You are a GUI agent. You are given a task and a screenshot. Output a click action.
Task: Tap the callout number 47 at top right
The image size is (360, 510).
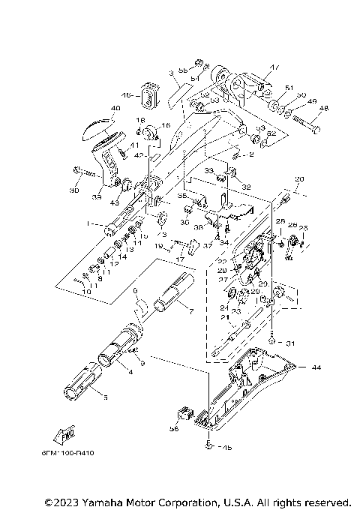click(x=274, y=68)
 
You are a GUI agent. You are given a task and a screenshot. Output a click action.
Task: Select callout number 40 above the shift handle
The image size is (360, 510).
click(x=115, y=108)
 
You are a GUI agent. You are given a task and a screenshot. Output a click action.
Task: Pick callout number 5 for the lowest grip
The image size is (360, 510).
click(x=103, y=397)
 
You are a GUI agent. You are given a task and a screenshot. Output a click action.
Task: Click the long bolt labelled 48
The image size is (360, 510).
click(x=304, y=124)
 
